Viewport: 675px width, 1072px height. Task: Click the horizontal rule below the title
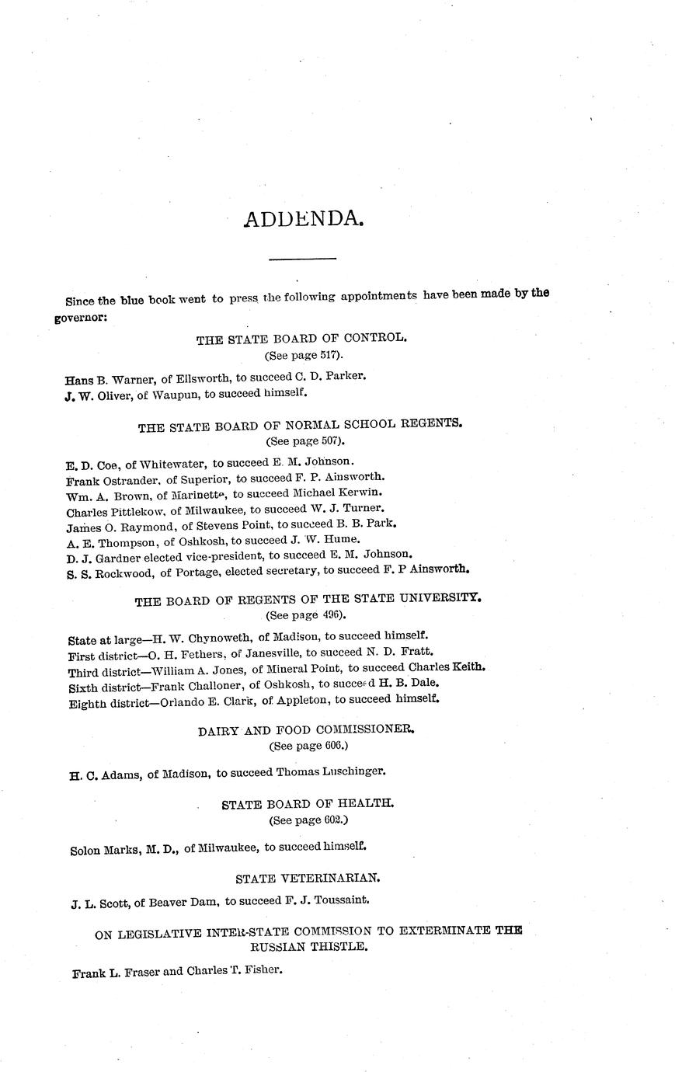click(x=302, y=258)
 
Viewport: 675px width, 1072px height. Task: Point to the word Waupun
click(x=176, y=393)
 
